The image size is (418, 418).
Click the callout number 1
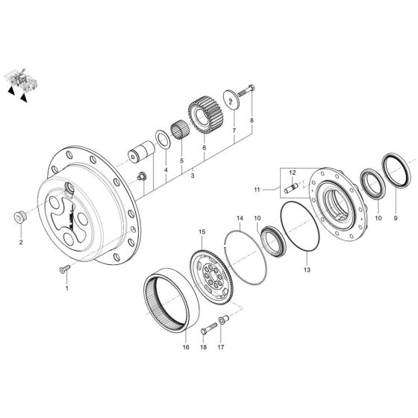pos(66,287)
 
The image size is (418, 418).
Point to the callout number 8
pos(252,120)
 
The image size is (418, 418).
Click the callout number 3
pos(192,175)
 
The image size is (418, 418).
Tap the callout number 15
pos(202,232)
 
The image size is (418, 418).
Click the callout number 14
pos(240,219)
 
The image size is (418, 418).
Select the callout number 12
pos(293,173)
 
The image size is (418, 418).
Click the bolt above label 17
pos(224,323)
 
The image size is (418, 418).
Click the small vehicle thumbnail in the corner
pos(20,81)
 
